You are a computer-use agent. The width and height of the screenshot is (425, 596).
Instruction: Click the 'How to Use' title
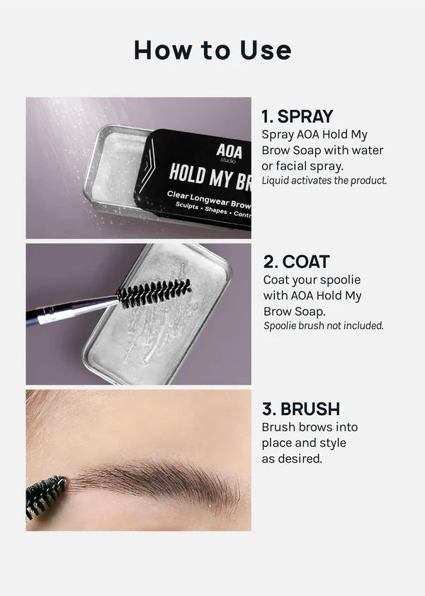click(212, 50)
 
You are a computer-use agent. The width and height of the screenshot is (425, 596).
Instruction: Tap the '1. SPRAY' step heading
click(297, 116)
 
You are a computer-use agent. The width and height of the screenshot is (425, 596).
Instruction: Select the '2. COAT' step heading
click(296, 262)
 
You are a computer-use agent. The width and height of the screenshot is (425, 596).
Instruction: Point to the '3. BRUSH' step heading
click(301, 409)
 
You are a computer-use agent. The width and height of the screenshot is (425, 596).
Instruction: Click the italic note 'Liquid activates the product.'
click(324, 180)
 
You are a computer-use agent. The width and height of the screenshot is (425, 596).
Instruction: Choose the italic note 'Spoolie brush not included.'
click(324, 326)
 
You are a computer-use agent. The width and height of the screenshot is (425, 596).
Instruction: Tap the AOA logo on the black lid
click(229, 152)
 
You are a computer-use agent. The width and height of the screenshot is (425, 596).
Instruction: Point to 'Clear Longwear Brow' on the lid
click(209, 199)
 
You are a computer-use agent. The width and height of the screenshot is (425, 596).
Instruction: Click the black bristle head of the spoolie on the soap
click(154, 293)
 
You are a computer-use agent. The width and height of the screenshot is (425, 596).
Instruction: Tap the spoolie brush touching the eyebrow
click(45, 496)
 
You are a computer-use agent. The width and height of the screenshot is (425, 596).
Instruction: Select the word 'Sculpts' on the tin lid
click(187, 206)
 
